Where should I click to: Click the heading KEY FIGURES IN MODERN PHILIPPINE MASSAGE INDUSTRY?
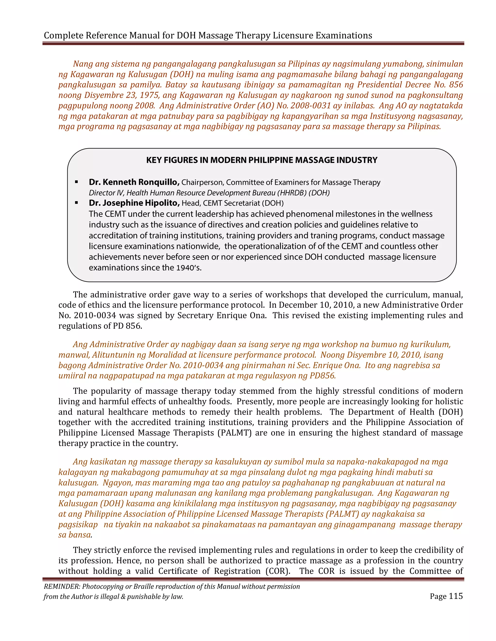coord(262,160)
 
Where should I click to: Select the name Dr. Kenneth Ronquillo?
coord(134,182)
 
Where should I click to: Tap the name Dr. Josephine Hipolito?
coord(134,203)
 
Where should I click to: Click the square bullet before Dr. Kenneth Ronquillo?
coord(77,182)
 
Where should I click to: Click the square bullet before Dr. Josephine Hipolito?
coord(77,203)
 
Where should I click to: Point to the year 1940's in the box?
coord(189,268)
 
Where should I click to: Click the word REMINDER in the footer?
coord(62,586)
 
